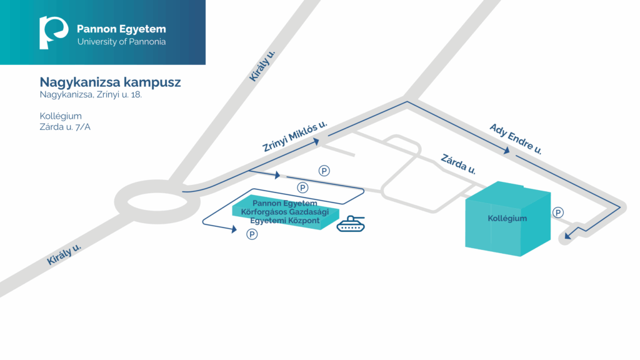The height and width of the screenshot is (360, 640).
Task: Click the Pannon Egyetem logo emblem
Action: (53, 32)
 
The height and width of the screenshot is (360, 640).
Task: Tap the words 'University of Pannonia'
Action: (121, 42)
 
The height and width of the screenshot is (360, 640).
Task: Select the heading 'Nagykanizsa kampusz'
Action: (110, 82)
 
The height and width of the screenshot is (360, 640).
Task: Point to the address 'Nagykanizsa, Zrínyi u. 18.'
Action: (91, 95)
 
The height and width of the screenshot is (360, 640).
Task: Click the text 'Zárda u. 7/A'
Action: (65, 127)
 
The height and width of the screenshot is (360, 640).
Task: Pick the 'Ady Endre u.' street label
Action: (516, 139)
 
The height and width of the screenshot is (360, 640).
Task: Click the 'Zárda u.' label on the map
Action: (458, 164)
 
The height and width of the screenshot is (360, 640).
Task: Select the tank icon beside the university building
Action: (351, 224)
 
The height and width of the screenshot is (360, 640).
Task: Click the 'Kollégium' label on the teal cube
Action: (507, 218)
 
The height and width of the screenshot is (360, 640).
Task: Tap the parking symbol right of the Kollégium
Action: (558, 212)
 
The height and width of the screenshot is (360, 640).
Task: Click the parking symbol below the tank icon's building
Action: (252, 234)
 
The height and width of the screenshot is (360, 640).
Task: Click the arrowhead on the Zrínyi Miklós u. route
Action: (316, 142)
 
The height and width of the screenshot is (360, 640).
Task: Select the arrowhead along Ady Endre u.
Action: (506, 151)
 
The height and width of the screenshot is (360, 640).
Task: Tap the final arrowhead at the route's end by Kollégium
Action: (567, 236)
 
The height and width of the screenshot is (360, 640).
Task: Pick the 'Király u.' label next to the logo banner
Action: (262, 66)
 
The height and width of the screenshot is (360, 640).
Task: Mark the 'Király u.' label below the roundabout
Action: (64, 255)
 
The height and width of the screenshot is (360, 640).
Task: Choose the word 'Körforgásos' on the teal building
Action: (264, 212)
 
